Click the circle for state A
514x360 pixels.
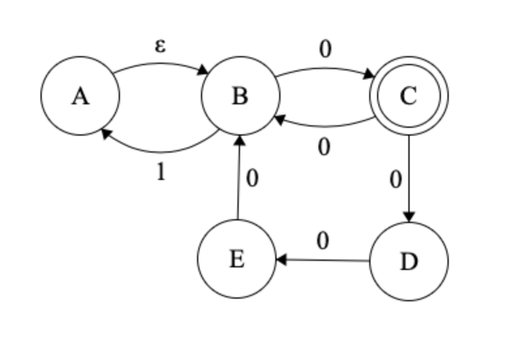pos(80,96)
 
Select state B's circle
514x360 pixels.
pos(240,96)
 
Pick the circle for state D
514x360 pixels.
pos(409,261)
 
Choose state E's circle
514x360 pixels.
pos(237,259)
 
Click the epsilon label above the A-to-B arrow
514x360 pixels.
pos(160,46)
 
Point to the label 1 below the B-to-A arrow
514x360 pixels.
pos(160,172)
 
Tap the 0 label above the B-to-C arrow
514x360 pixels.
pos(325,49)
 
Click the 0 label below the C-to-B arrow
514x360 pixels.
pos(324,147)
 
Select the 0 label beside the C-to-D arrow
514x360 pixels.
pos(395,179)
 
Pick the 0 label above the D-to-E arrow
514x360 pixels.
pos(322,241)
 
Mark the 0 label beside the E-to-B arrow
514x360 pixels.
pos(252,178)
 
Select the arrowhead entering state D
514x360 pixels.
pos(409,218)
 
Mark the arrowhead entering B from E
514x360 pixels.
pos(239,140)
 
